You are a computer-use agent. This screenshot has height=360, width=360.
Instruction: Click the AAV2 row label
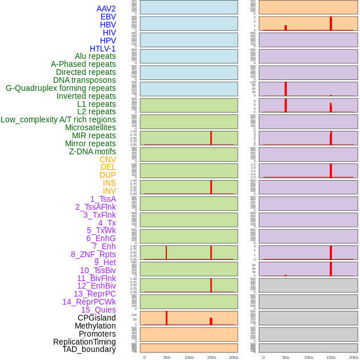(x=106, y=9)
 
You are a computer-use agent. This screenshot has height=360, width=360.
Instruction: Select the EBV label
(x=108, y=17)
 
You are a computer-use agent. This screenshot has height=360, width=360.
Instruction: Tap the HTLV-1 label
(x=102, y=49)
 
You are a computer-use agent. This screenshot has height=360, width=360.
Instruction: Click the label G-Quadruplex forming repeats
(x=61, y=88)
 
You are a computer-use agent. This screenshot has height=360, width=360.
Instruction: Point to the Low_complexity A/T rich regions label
(x=58, y=119)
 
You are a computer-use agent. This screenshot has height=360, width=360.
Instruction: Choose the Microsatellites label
(x=90, y=127)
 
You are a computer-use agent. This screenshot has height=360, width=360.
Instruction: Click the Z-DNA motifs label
(x=92, y=151)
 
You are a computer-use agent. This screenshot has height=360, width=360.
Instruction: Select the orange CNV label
(x=107, y=159)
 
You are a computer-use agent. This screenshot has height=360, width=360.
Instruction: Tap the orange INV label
(x=109, y=191)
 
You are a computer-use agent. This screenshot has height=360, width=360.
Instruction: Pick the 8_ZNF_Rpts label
(x=93, y=254)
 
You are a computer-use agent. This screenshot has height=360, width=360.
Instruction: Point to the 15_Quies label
(x=98, y=310)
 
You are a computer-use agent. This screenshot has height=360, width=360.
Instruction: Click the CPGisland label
(x=97, y=318)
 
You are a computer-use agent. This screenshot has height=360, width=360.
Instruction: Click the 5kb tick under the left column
(x=167, y=357)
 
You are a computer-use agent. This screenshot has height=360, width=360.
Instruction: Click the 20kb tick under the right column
(x=354, y=357)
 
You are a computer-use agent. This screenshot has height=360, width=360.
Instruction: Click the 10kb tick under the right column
(x=308, y=357)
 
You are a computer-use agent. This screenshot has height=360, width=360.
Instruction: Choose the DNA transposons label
(x=85, y=80)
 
